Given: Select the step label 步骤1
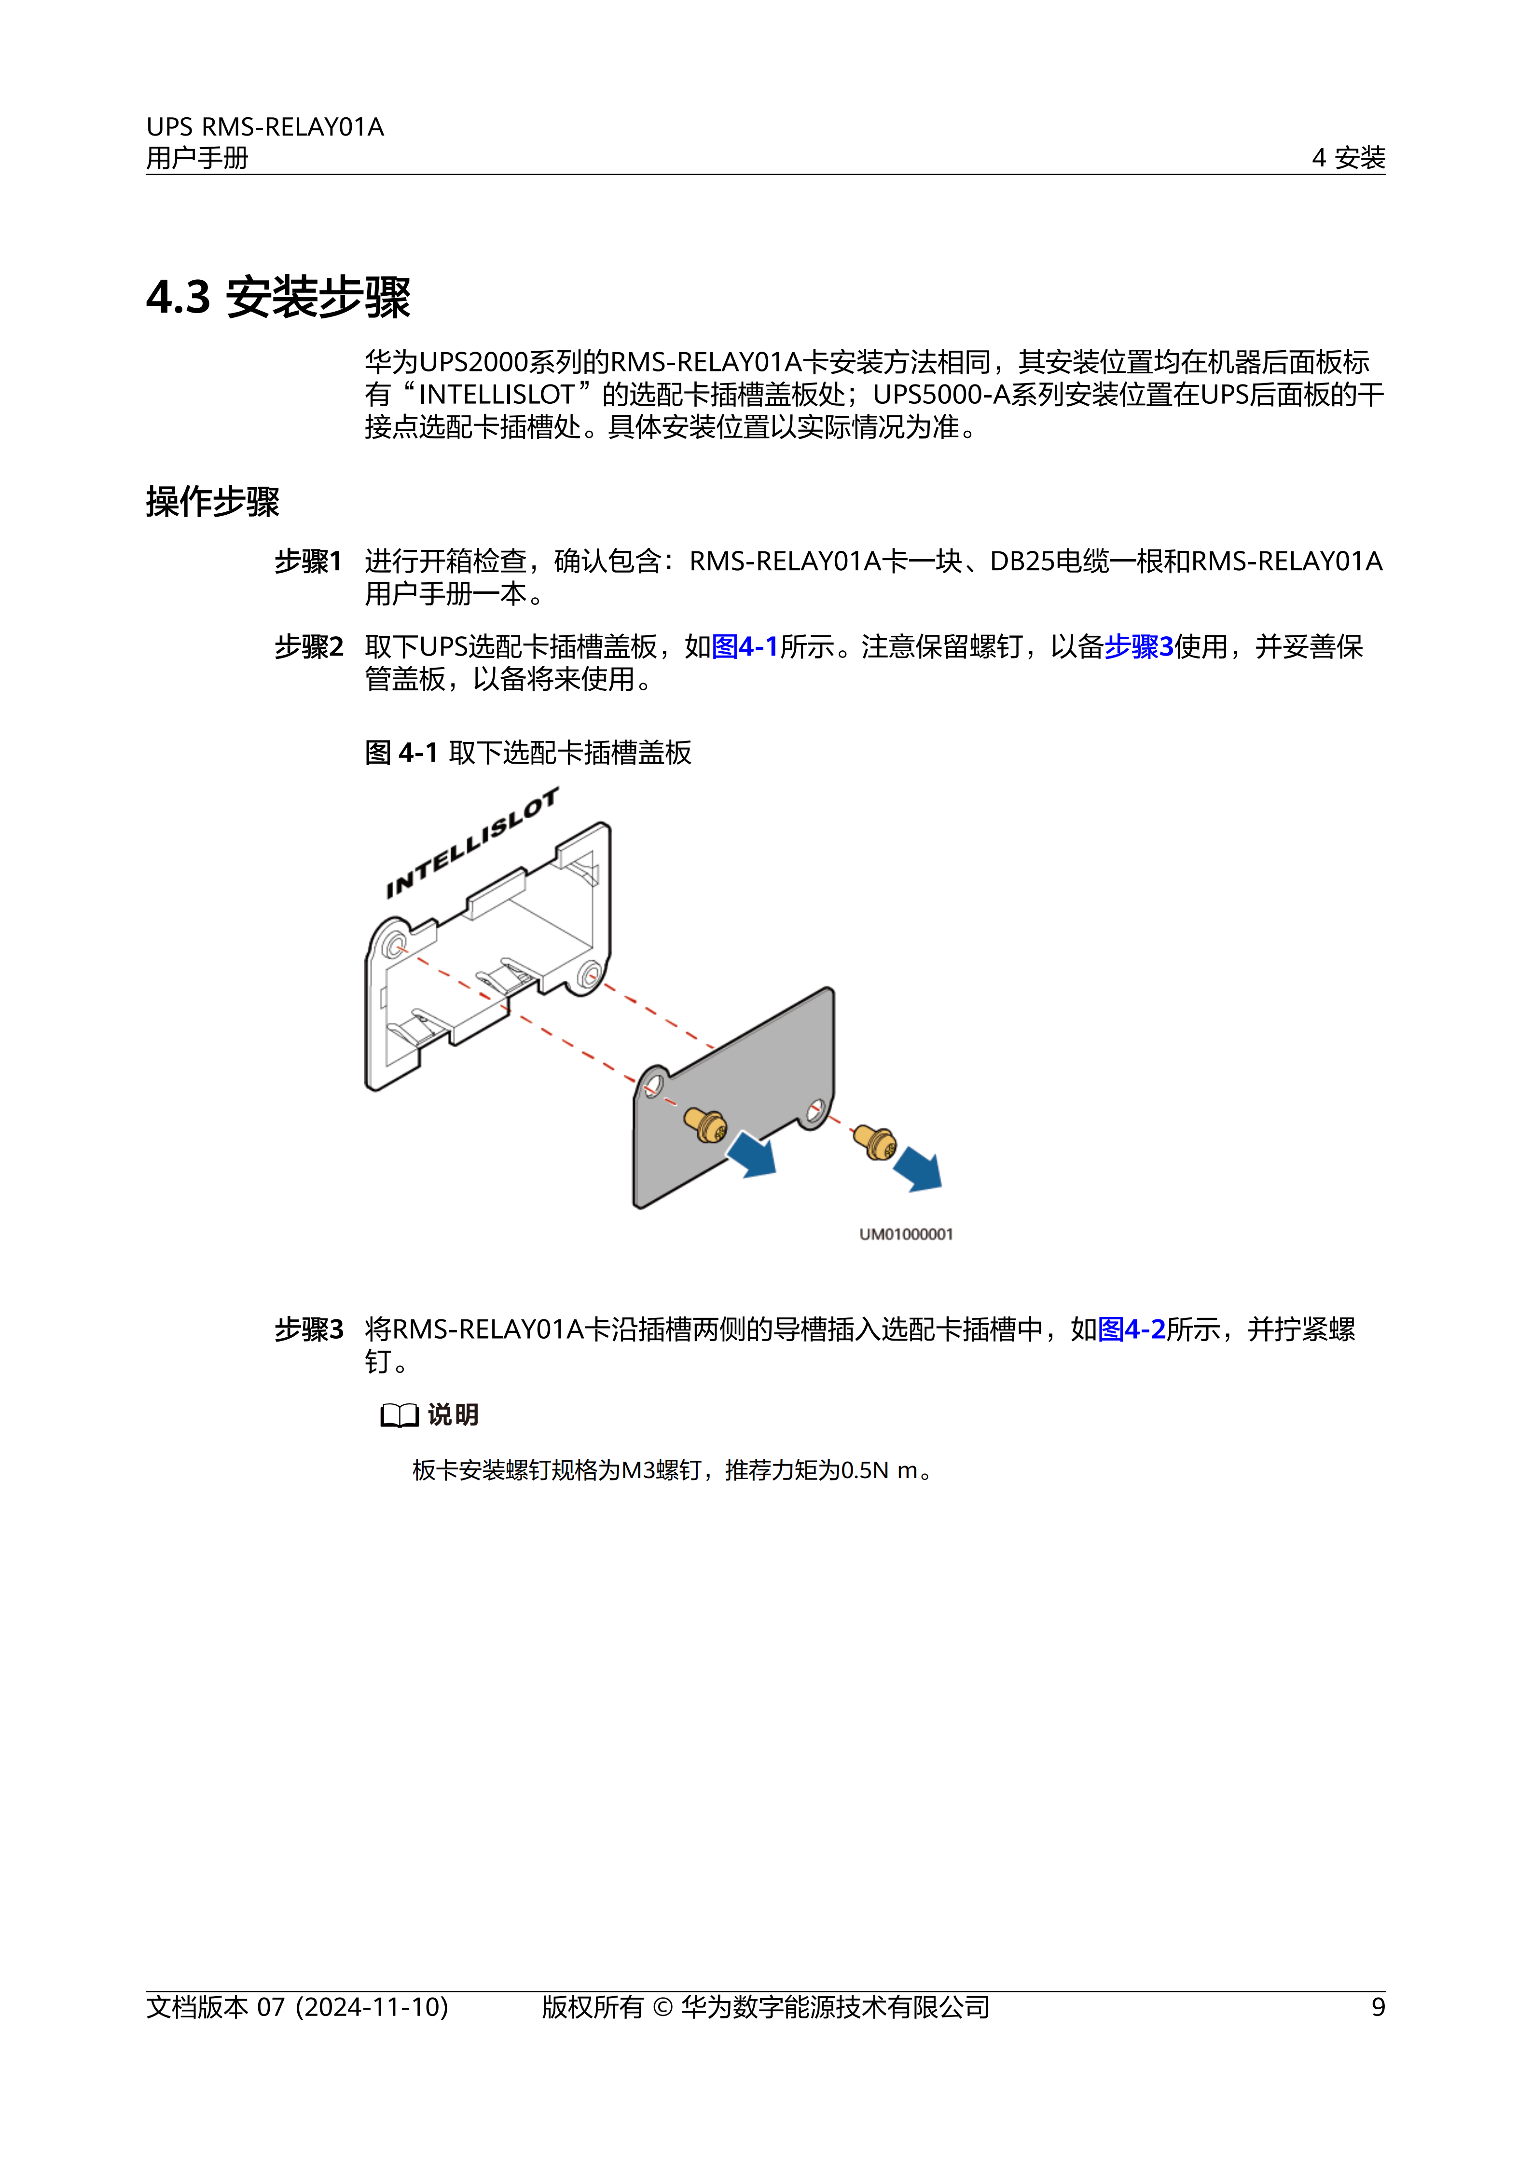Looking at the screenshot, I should (308, 562).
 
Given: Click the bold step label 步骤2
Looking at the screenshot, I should (308, 647).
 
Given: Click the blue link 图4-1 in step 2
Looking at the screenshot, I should (745, 647).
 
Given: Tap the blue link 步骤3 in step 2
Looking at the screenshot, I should (1139, 647).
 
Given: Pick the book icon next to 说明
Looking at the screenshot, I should (399, 1415).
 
